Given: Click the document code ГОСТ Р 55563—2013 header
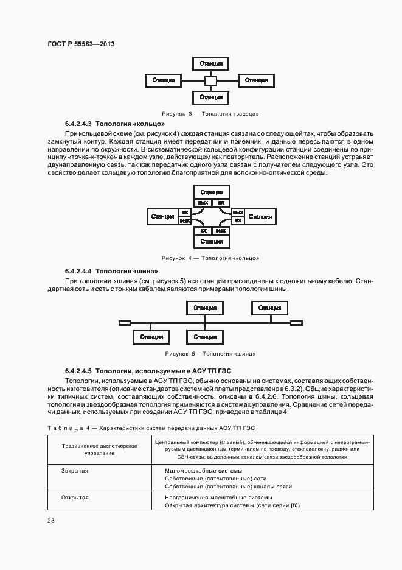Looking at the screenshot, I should (x=81, y=44).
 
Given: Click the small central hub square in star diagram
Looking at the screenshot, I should (x=210, y=80).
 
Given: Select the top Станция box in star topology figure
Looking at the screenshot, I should (x=210, y=63).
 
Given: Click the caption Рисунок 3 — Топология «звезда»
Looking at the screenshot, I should (x=210, y=113).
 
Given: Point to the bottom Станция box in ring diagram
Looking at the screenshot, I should (x=210, y=241).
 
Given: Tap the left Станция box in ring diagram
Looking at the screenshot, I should (x=162, y=216).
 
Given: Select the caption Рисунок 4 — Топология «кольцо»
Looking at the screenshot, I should (x=210, y=258).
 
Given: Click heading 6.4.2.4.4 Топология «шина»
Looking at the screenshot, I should (x=111, y=271).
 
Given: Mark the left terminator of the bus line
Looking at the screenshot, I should (x=125, y=323).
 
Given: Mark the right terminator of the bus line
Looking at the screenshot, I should (x=296, y=323).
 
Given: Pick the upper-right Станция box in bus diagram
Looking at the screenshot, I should (x=269, y=308).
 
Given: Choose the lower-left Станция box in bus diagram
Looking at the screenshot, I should (x=151, y=337).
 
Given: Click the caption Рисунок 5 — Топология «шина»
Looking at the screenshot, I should (x=210, y=354).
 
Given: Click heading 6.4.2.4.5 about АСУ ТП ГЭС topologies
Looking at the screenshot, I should (x=148, y=370).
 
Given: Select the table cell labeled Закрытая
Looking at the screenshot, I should (x=75, y=471).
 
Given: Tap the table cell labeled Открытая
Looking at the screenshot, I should (x=75, y=498).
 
